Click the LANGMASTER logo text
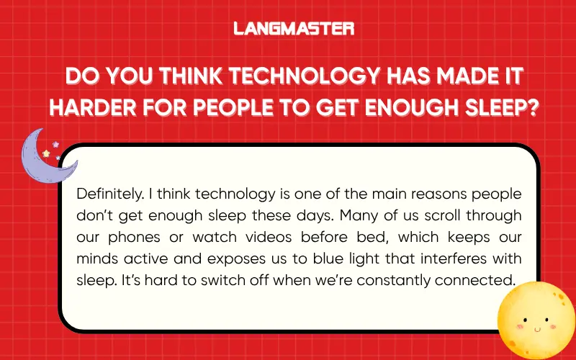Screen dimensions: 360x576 (294, 29)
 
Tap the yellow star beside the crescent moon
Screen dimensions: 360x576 (47, 153)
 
